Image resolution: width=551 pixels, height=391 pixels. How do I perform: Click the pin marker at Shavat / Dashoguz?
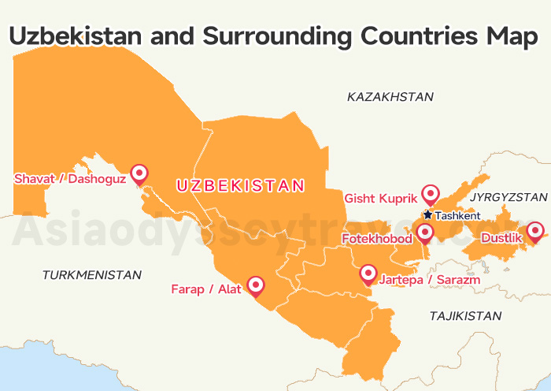(x=139, y=173)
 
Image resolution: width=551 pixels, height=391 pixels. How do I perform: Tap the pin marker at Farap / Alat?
(x=255, y=285)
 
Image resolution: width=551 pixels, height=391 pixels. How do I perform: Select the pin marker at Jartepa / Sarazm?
(x=368, y=274)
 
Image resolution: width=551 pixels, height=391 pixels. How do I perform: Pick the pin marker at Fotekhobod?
(x=424, y=233)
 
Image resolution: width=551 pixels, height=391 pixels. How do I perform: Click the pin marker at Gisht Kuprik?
(x=430, y=193)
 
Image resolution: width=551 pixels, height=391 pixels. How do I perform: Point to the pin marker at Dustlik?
(x=535, y=231)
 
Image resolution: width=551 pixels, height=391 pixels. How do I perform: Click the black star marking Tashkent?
(x=427, y=214)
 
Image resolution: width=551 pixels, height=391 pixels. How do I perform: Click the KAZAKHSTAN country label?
(x=390, y=97)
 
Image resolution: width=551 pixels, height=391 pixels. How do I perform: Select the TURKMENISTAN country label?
(x=92, y=275)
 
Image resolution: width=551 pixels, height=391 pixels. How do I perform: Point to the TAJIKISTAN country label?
(x=465, y=315)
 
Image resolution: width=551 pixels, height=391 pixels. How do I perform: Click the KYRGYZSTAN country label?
(x=508, y=196)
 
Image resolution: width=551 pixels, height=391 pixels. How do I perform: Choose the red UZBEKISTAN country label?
(x=240, y=186)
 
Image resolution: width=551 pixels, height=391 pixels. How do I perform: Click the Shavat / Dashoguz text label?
(x=69, y=179)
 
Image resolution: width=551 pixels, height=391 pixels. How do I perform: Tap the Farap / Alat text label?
(x=206, y=289)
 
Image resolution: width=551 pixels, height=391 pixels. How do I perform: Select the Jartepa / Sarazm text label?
(x=430, y=279)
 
